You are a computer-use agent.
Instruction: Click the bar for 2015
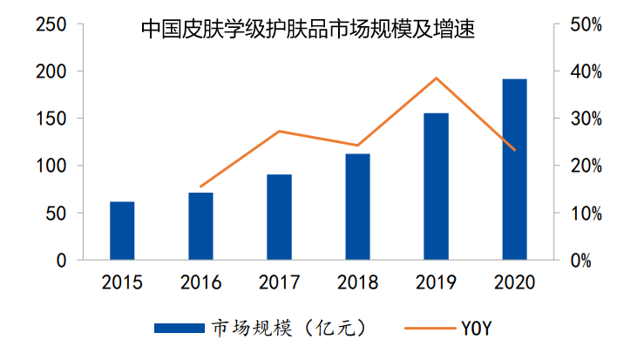pyautogui.click(x=122, y=231)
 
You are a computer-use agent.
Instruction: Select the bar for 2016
pyautogui.click(x=200, y=227)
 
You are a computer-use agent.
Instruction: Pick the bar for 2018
pyautogui.click(x=357, y=207)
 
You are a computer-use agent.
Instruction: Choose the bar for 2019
pyautogui.click(x=436, y=187)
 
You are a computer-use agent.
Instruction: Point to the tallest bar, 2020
pyautogui.click(x=514, y=170)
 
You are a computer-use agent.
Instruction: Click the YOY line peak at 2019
pyautogui.click(x=436, y=78)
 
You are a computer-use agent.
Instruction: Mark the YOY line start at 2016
pyautogui.click(x=200, y=187)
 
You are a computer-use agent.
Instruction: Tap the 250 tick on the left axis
pyautogui.click(x=51, y=24)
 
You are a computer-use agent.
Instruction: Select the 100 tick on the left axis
pyautogui.click(x=51, y=166)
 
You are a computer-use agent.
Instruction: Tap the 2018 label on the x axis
pyautogui.click(x=357, y=283)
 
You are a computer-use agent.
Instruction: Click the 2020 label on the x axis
pyautogui.click(x=514, y=283)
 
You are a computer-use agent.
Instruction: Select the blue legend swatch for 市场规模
pyautogui.click(x=180, y=328)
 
